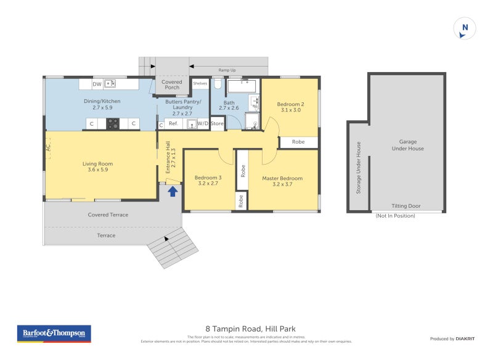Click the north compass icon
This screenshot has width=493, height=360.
pyautogui.click(x=465, y=28)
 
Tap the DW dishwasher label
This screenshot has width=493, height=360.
pyautogui.click(x=97, y=84)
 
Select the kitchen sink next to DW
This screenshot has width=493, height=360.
pyautogui.click(x=111, y=83)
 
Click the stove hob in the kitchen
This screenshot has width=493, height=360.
pyautogui.click(x=113, y=123)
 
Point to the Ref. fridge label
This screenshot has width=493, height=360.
pyautogui.click(x=174, y=124)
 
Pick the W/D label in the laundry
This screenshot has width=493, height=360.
pyautogui.click(x=203, y=124)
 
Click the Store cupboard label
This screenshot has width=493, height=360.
pyautogui.click(x=217, y=124)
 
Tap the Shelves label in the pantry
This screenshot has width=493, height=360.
pyautogui.click(x=200, y=83)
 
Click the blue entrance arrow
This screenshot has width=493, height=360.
pyautogui.click(x=173, y=191)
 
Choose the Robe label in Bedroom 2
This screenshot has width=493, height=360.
pyautogui.click(x=298, y=142)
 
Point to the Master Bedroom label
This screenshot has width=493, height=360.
pyautogui.click(x=282, y=179)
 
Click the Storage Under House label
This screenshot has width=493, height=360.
pyautogui.click(x=359, y=168)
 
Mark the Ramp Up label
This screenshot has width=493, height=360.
pyautogui.click(x=228, y=70)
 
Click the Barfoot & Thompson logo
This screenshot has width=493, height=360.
pyautogui.click(x=54, y=333)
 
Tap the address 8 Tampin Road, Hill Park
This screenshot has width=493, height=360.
pyautogui.click(x=250, y=329)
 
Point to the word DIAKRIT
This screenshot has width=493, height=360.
pyautogui.click(x=464, y=339)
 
